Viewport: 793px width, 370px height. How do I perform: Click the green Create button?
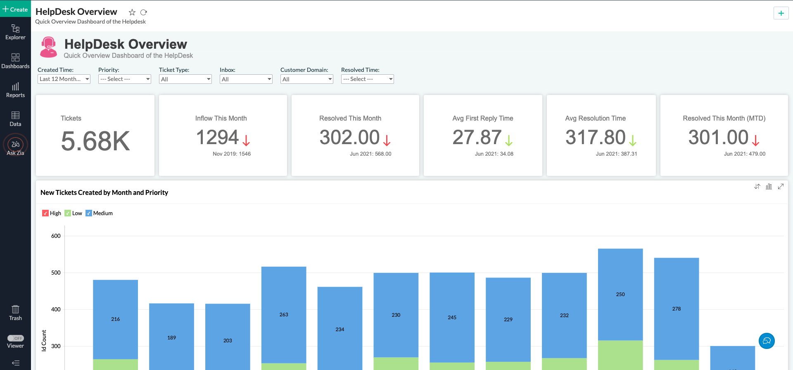tap(15, 9)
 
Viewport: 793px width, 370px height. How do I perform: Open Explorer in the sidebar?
tap(15, 32)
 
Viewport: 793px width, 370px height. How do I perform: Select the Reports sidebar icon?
tap(15, 90)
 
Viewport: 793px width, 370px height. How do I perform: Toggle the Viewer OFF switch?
tap(16, 338)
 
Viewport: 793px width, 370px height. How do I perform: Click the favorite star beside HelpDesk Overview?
tap(132, 12)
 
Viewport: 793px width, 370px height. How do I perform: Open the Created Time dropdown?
tap(64, 79)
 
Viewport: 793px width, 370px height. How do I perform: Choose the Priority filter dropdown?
tap(125, 79)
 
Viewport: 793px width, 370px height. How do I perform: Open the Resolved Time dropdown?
tap(368, 79)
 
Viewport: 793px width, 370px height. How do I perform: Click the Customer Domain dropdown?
tap(307, 79)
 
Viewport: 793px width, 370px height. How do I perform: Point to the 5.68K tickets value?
tap(95, 141)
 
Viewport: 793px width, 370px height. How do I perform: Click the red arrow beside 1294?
tap(246, 140)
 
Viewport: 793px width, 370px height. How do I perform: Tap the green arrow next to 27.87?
tap(509, 140)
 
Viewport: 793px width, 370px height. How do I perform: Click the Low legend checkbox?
tap(68, 213)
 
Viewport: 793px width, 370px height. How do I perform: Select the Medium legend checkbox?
tap(89, 213)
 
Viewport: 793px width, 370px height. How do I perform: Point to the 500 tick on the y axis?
tap(56, 273)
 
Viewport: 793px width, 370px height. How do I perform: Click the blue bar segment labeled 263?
tap(284, 314)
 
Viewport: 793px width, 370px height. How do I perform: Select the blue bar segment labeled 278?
tap(677, 308)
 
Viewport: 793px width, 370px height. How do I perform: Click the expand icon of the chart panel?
tap(781, 187)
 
